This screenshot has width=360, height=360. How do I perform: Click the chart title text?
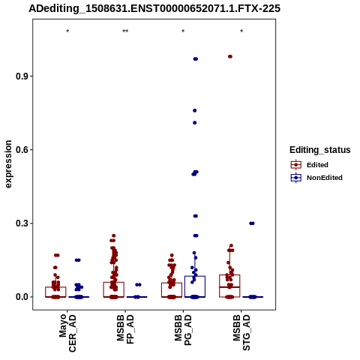(x=154, y=9)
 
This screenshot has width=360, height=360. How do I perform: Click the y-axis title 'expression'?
(x=8, y=164)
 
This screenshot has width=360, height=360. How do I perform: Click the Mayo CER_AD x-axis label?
(x=67, y=333)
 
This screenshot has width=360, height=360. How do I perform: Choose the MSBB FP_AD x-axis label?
(x=125, y=329)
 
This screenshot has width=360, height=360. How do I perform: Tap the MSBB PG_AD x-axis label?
(x=183, y=330)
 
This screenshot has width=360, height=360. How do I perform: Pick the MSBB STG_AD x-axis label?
(x=241, y=332)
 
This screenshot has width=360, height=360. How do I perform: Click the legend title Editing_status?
(x=320, y=150)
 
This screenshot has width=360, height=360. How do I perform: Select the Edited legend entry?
(x=309, y=165)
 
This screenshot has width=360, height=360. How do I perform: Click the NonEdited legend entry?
(x=316, y=178)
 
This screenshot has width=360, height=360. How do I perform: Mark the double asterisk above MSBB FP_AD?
(x=125, y=31)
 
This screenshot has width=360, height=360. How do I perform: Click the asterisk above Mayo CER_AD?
(x=67, y=31)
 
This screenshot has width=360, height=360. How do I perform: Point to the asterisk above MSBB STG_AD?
(x=241, y=31)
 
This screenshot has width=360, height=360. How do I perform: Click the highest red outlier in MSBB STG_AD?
(x=230, y=56)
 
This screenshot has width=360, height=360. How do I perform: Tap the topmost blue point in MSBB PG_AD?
(x=196, y=59)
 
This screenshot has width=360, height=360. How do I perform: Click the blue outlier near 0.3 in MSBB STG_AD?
(x=252, y=223)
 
